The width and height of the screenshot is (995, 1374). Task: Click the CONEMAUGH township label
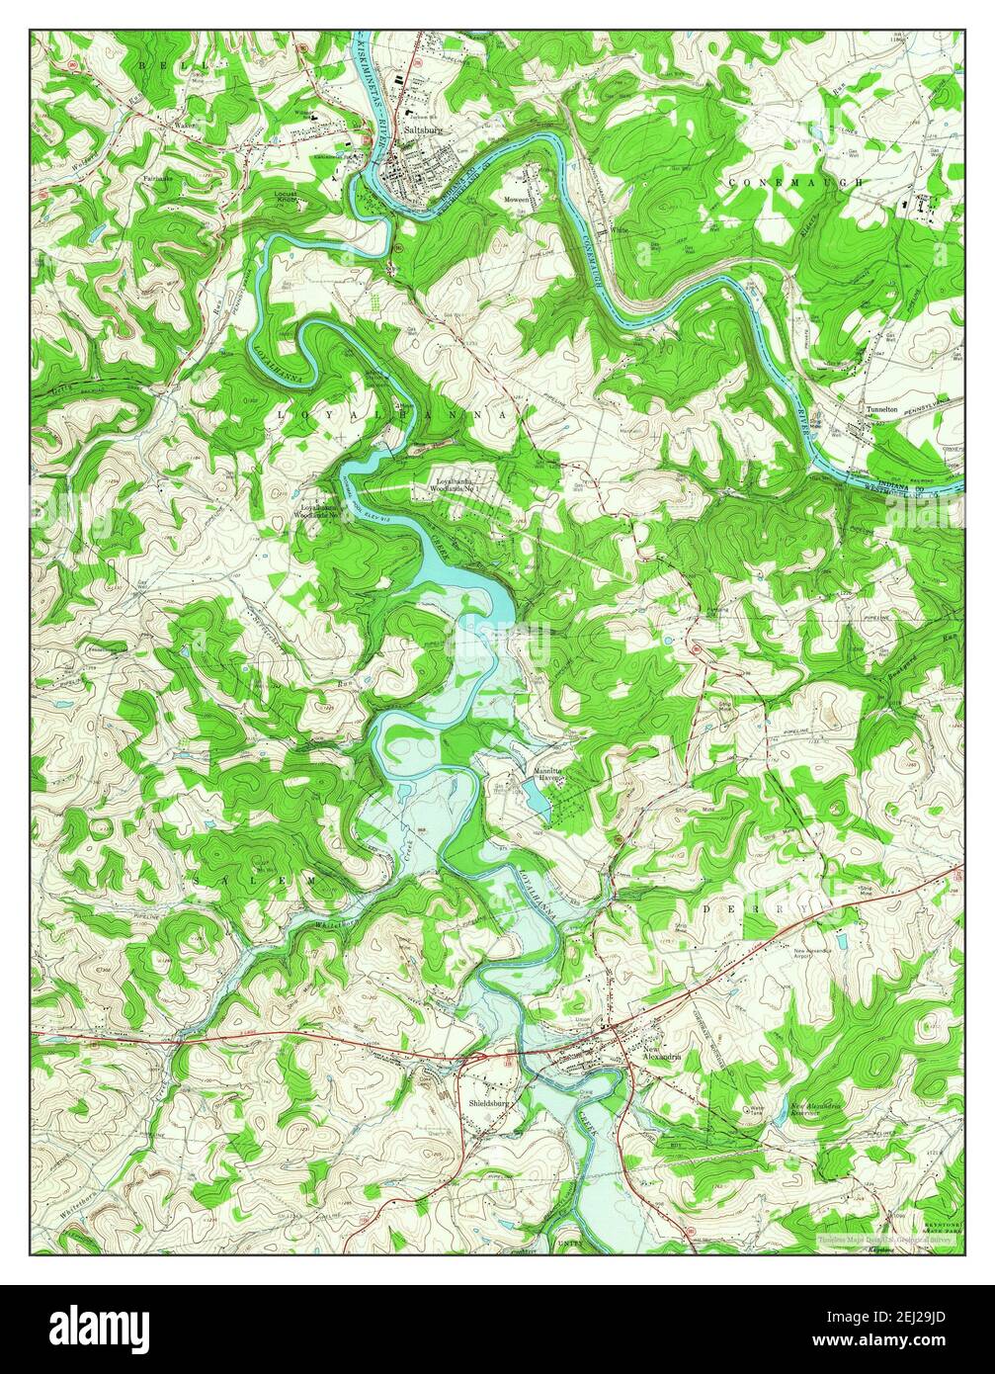pyautogui.click(x=795, y=183)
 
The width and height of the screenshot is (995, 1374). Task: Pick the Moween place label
pyautogui.click(x=518, y=199)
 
